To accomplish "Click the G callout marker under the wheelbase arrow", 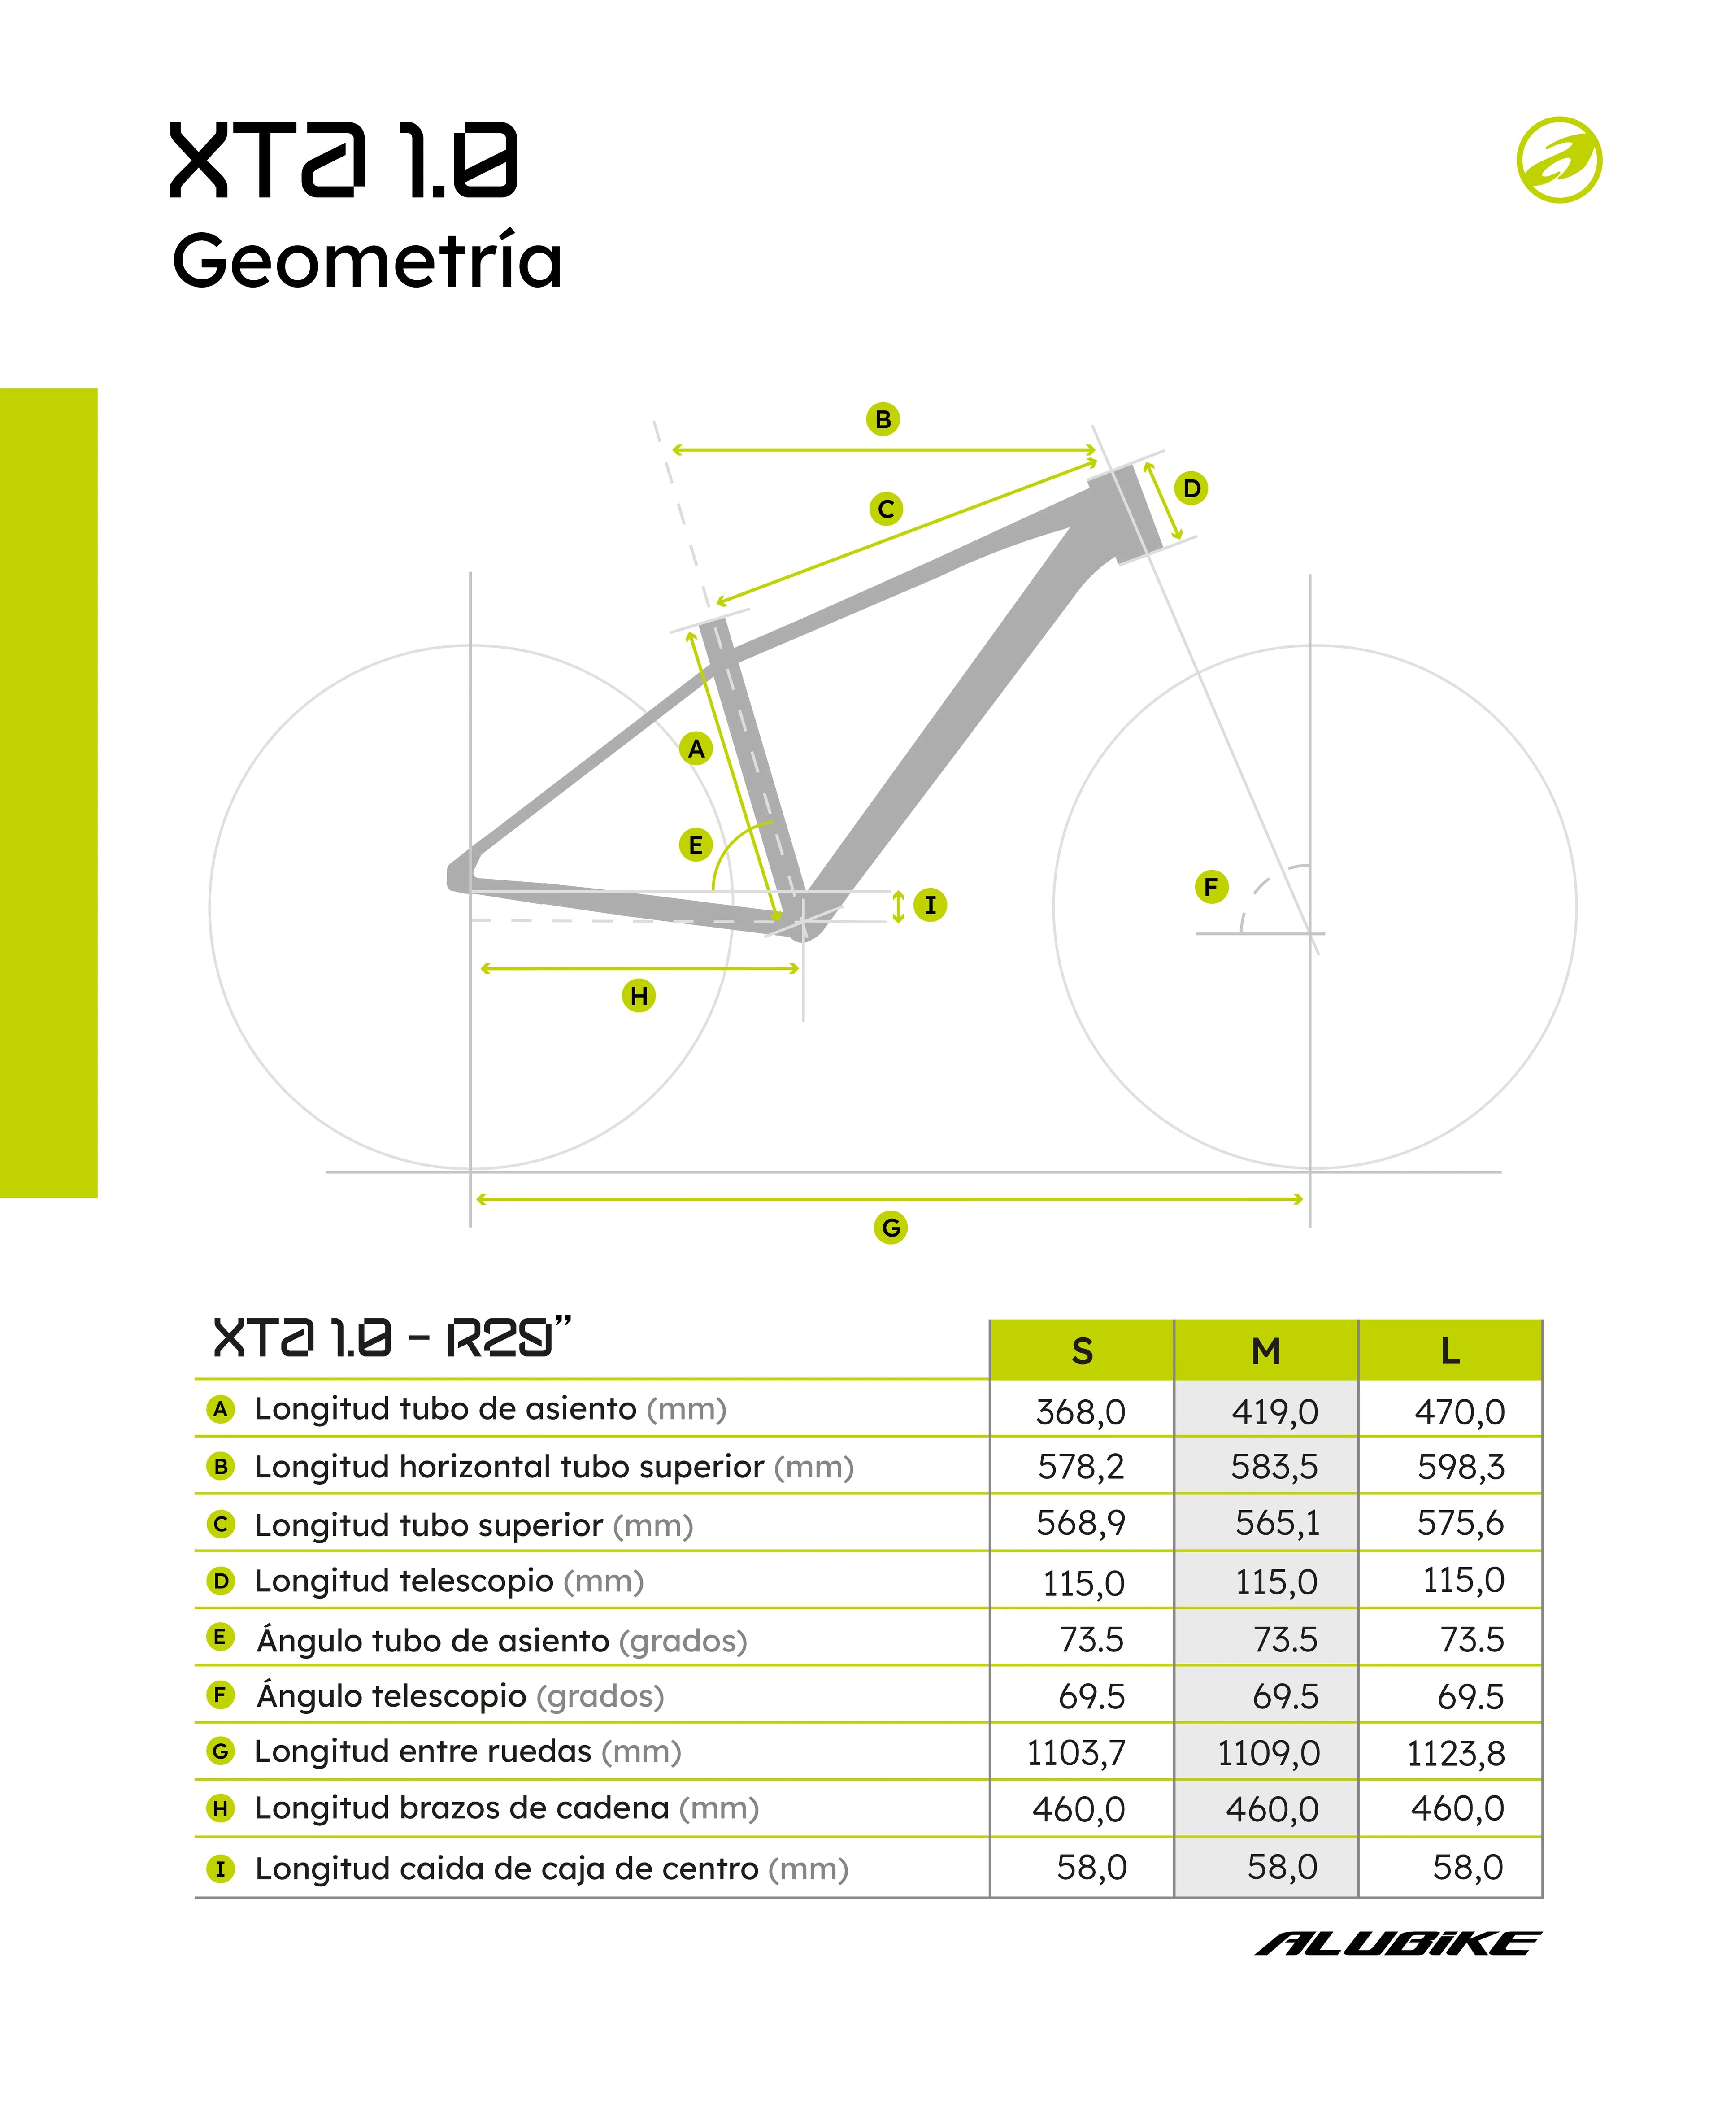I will (891, 1228).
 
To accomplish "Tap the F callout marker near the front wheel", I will (1210, 887).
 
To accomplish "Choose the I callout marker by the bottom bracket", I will (930, 905).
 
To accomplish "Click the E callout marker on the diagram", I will (696, 845).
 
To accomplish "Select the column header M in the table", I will (1265, 1351).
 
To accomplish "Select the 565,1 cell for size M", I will (1277, 1523).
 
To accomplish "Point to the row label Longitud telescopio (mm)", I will (448, 1581).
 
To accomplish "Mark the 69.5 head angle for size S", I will (1091, 1696).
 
